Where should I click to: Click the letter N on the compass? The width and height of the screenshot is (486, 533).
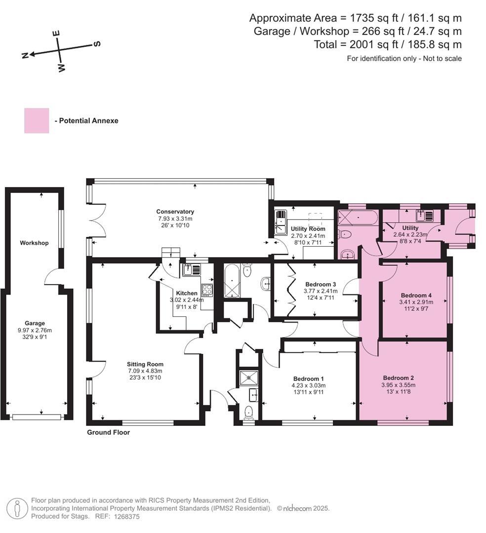[x=25, y=55]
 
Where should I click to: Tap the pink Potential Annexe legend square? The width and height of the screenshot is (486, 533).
[x=37, y=120]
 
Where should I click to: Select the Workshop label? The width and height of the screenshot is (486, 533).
[x=34, y=243]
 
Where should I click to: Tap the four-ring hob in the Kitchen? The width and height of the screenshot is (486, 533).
[x=207, y=290]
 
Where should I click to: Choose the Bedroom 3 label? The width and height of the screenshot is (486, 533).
[x=321, y=284]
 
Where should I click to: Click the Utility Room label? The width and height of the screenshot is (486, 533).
[x=308, y=229]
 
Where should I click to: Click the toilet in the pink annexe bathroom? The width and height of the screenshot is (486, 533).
[x=346, y=234]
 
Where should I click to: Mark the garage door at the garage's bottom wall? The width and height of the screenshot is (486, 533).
[x=37, y=417]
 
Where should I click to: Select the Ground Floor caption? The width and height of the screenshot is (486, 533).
[x=108, y=432]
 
